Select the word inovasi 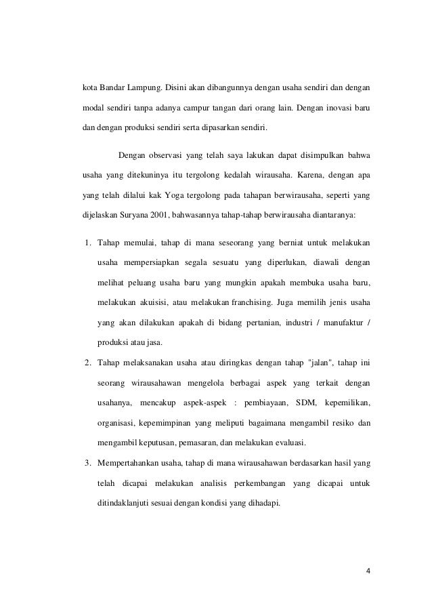coord(325,107)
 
